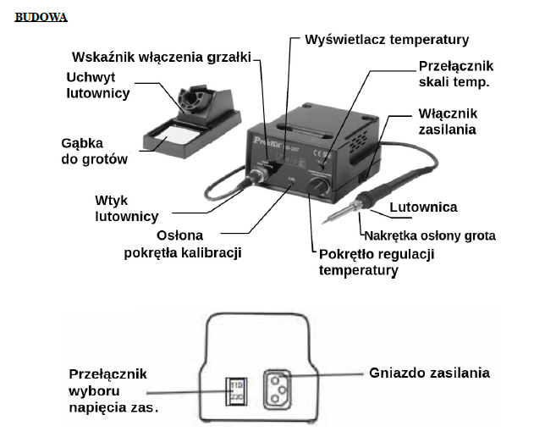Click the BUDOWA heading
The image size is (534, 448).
click(41, 17)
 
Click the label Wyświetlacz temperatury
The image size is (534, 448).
click(385, 39)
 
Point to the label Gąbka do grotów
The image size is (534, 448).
click(94, 151)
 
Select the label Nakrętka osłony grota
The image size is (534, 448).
click(429, 235)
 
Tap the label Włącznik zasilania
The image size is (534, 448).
click(447, 121)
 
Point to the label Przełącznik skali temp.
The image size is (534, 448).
click(455, 74)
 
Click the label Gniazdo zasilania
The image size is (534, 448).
click(429, 372)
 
